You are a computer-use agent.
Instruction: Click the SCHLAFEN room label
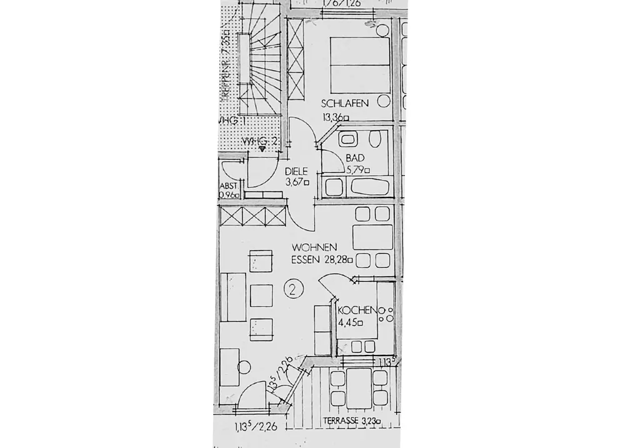[x=345, y=104]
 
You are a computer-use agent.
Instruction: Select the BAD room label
[x=354, y=158]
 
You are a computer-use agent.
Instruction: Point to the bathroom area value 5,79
[x=357, y=169]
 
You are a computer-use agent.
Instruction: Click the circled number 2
[x=293, y=288]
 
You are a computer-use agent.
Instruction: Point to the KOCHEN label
[x=356, y=310]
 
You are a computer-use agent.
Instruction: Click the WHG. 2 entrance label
[x=260, y=143]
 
